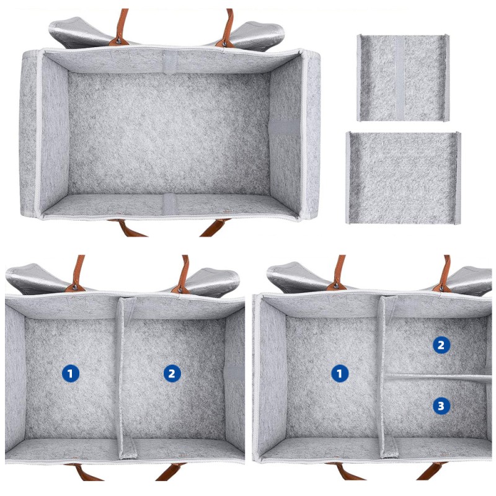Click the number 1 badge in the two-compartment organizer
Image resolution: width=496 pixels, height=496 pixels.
71,373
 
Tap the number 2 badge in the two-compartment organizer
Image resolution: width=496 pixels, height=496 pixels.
172,373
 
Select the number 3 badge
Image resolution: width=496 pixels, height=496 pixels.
441,406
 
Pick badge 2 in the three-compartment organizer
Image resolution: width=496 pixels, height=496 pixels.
441,345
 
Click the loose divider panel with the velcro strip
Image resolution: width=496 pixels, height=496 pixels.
402,78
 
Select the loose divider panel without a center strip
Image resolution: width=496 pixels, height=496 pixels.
403,177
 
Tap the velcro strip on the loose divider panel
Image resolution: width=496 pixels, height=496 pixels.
400,78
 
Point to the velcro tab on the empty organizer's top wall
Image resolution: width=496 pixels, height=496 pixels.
169,60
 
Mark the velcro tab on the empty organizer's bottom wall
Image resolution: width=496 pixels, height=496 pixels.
169,204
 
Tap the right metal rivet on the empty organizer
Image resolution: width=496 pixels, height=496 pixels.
222,43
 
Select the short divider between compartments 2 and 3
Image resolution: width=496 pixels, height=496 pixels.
434,377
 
